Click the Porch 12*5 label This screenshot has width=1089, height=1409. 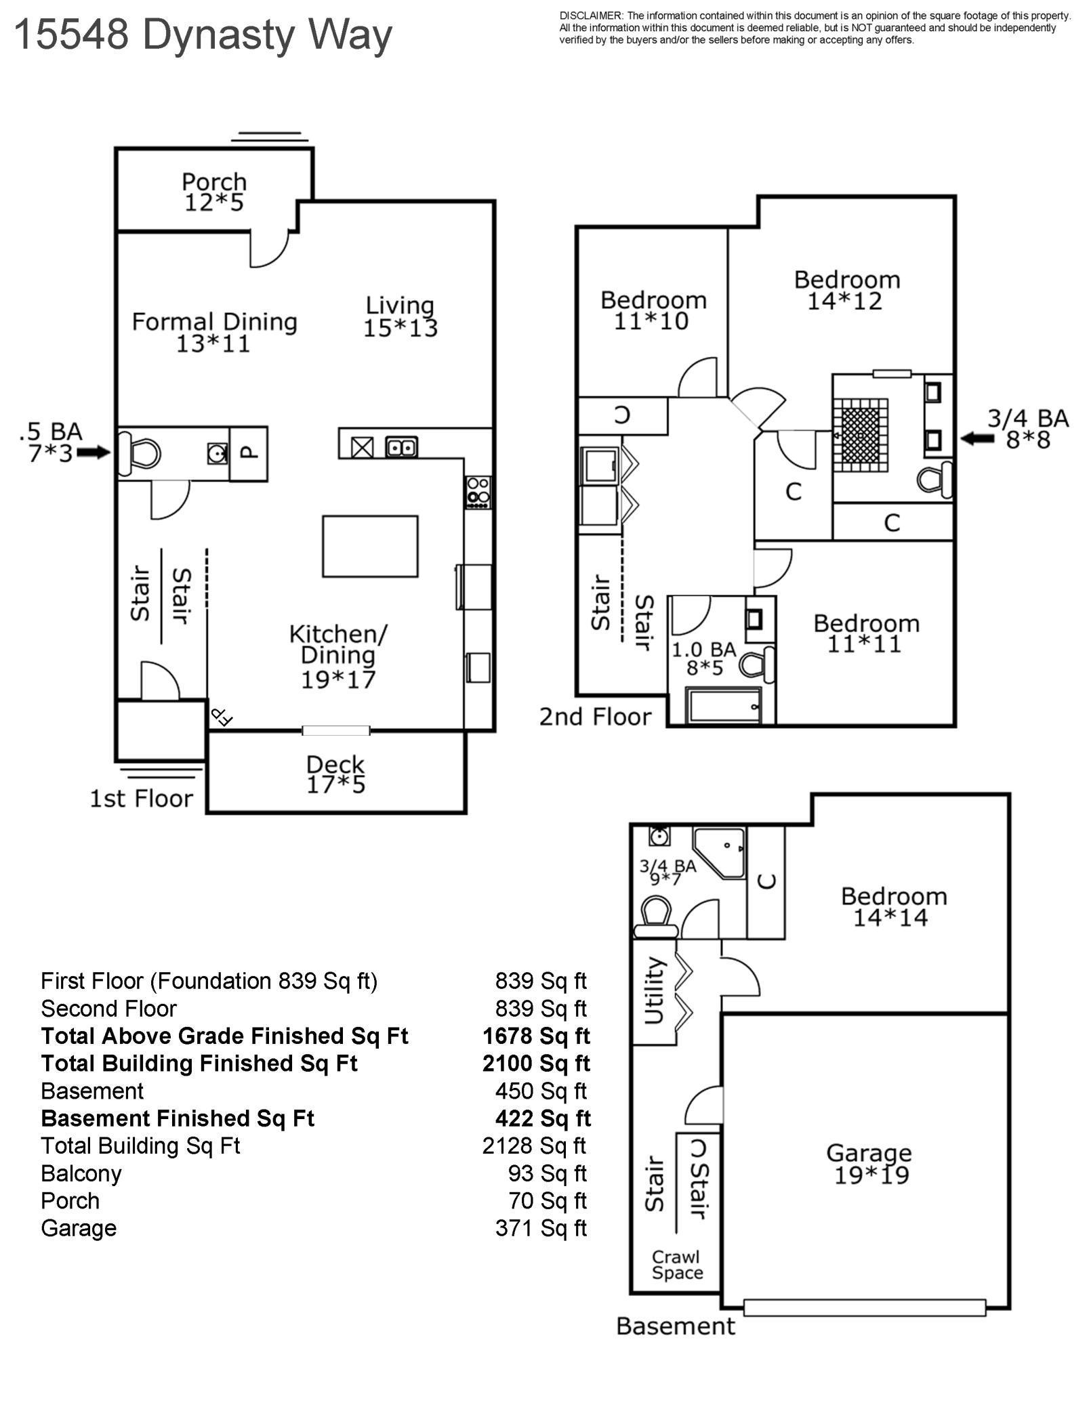(x=214, y=192)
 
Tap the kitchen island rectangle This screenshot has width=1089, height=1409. (x=370, y=546)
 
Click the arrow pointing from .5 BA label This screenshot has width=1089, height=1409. (x=94, y=452)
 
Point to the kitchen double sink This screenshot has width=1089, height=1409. (x=401, y=447)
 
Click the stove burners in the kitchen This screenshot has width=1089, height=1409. (x=478, y=492)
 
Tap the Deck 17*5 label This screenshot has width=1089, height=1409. (x=335, y=774)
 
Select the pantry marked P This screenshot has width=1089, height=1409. (x=249, y=453)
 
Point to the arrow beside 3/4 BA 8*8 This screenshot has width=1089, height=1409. (x=977, y=438)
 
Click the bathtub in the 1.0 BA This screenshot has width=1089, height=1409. (x=724, y=706)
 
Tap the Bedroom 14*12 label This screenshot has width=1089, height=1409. (x=846, y=290)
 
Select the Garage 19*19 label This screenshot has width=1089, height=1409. (x=869, y=1164)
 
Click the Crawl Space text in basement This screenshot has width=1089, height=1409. (x=677, y=1265)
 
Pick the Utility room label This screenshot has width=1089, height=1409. (x=653, y=990)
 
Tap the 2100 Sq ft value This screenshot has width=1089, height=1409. (x=536, y=1064)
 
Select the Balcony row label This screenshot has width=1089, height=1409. (x=81, y=1173)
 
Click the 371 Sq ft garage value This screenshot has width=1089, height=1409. (x=541, y=1228)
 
